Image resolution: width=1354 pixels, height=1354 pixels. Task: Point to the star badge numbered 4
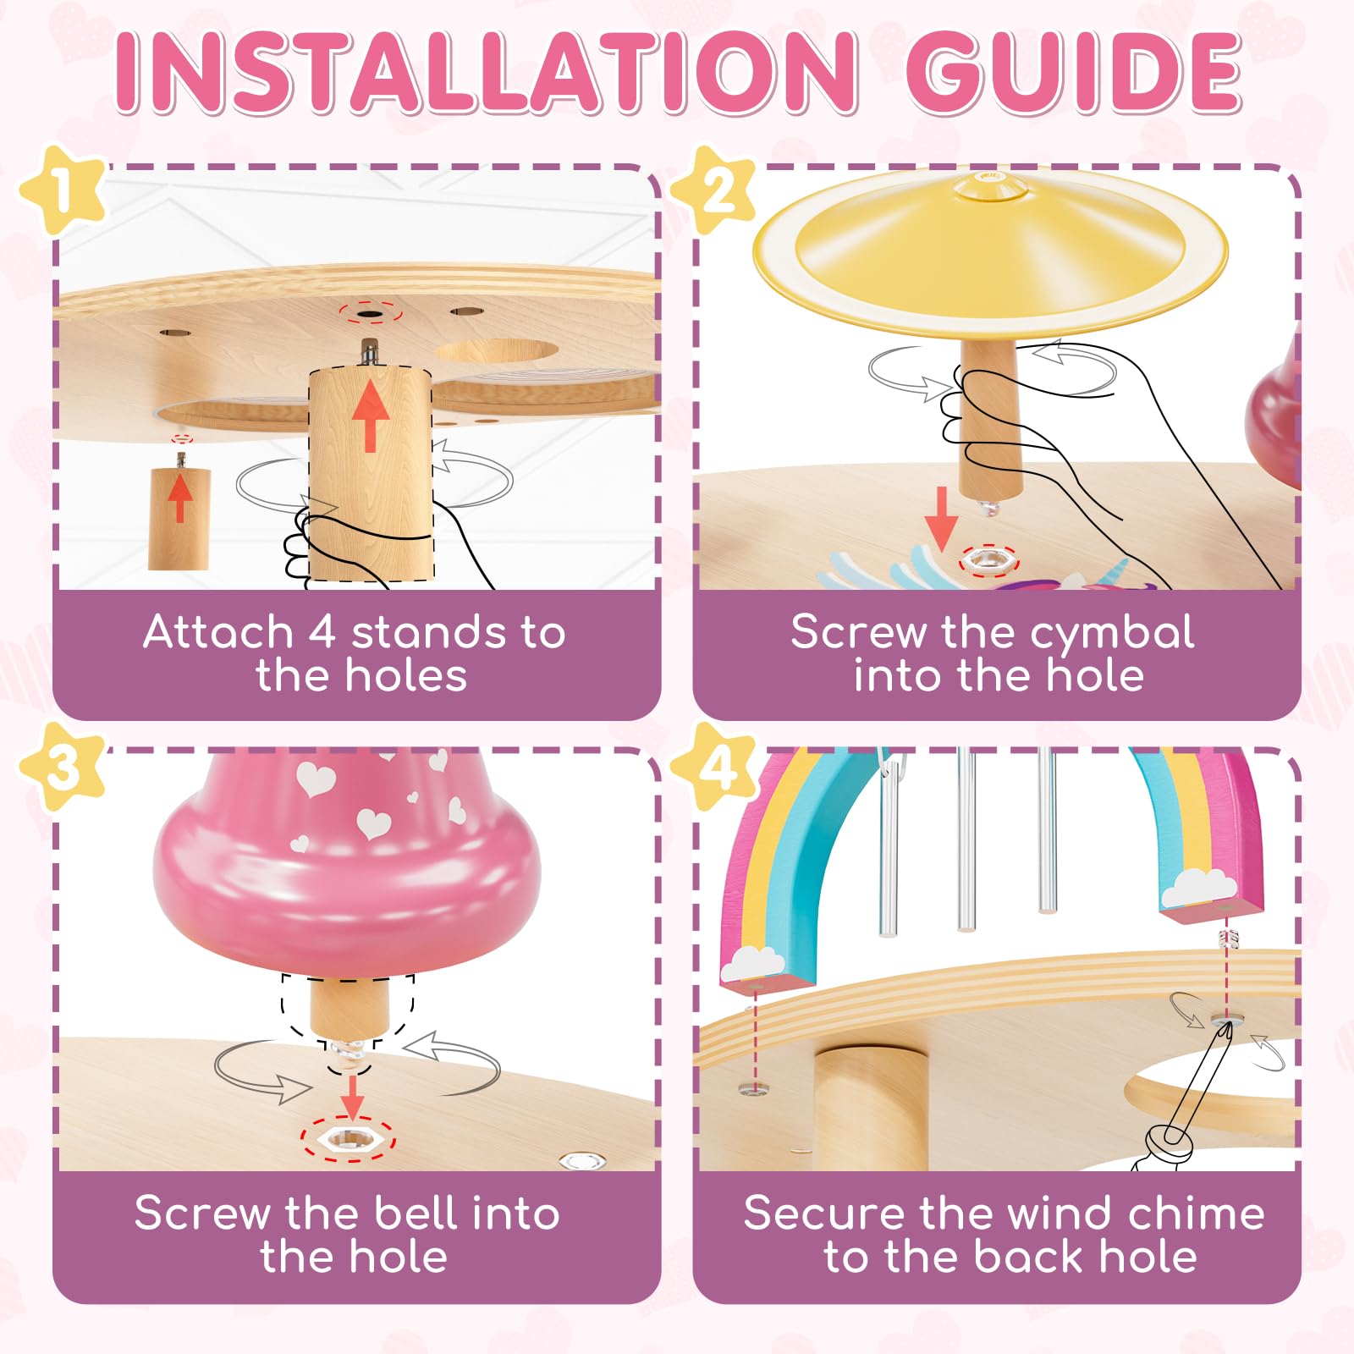715,767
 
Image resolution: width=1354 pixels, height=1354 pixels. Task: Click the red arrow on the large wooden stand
370,416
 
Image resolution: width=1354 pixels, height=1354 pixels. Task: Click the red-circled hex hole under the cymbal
989,559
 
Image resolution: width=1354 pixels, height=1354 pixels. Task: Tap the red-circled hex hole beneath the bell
348,1139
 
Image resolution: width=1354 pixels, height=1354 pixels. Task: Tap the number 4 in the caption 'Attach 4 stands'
322,632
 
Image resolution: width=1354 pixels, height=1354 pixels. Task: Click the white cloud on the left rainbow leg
754,962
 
